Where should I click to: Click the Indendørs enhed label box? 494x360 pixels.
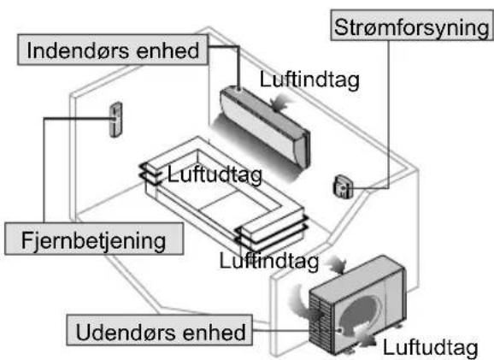click(113, 50)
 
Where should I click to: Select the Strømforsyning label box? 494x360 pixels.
click(411, 26)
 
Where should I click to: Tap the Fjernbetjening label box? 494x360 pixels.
click(94, 239)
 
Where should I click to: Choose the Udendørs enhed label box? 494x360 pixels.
click(160, 330)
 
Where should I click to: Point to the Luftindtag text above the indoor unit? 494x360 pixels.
click(309, 80)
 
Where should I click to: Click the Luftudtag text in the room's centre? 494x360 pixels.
click(215, 174)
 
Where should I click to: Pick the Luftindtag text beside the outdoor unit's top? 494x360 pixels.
click(269, 261)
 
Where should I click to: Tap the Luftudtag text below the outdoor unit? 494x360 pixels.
click(431, 348)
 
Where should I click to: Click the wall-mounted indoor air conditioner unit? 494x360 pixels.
click(265, 126)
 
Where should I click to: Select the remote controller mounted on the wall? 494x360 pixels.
click(116, 120)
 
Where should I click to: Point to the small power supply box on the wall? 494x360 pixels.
click(342, 186)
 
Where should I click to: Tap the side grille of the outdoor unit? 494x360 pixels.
click(321, 322)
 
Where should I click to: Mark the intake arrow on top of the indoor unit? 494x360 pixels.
click(280, 103)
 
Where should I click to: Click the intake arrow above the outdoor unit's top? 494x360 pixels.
click(338, 265)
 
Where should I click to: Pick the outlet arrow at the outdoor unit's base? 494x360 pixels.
click(366, 337)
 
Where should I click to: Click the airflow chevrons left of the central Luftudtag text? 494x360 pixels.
click(151, 174)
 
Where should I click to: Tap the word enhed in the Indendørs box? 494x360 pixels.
click(168, 50)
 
